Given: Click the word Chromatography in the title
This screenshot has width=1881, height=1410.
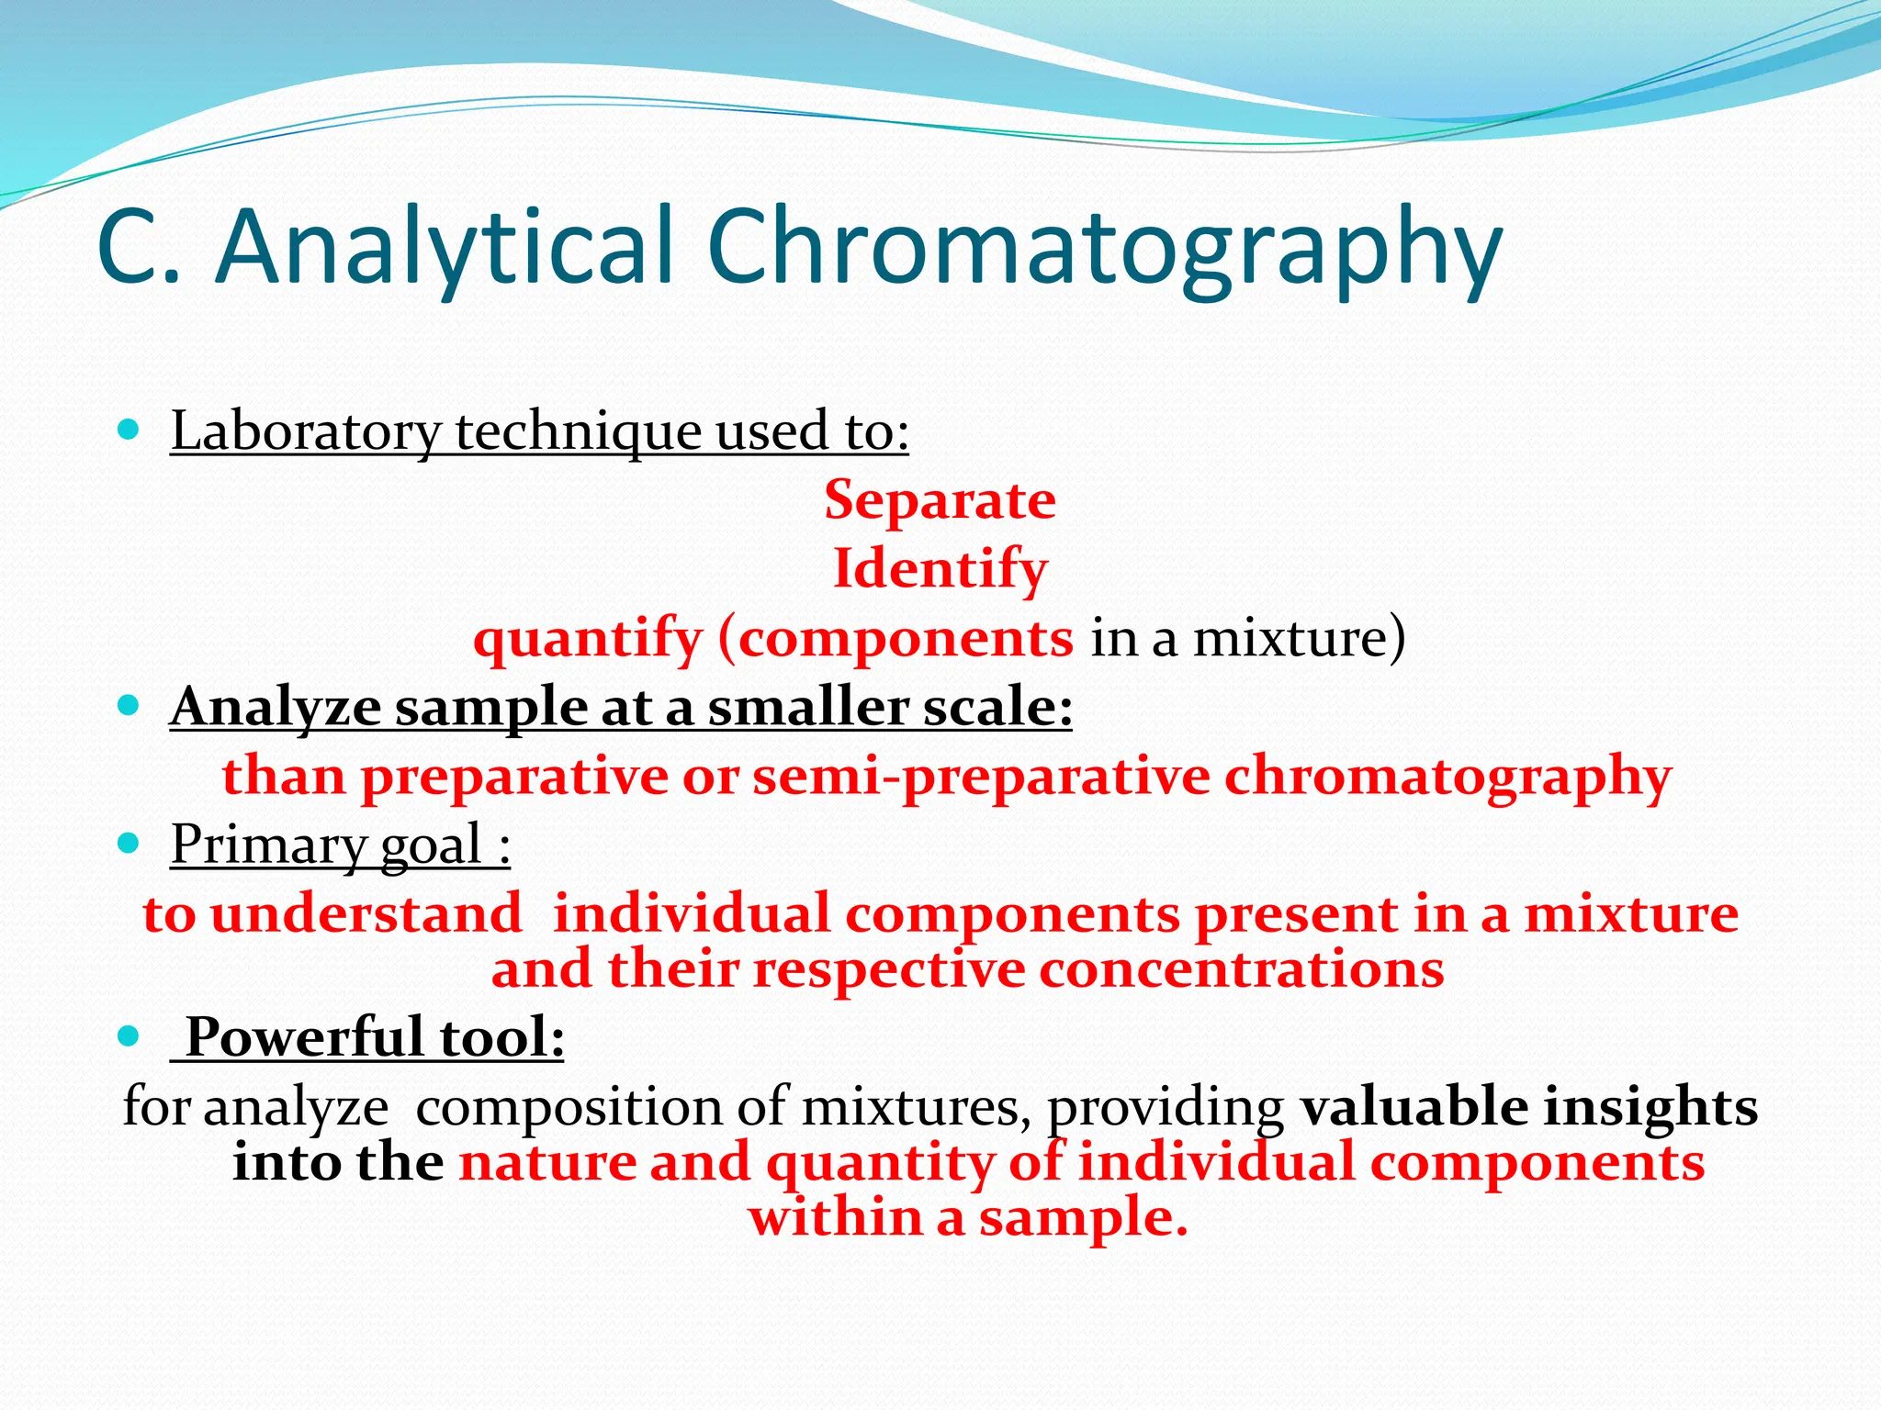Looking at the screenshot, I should (1104, 248).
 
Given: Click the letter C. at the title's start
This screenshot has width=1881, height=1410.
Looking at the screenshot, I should (138, 248).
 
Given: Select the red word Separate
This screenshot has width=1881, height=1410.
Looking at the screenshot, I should (940, 500).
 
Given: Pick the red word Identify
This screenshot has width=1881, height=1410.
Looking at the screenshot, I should (940, 569).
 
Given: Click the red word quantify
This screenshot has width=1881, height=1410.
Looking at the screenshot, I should (587, 638).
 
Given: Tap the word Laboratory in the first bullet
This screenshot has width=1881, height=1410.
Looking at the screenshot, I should (306, 431).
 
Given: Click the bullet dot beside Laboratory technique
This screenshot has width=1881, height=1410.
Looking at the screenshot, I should (129, 429).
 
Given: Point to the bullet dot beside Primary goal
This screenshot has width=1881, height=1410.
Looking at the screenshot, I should (129, 842).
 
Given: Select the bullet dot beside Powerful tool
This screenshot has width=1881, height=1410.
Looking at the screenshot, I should (129, 1036).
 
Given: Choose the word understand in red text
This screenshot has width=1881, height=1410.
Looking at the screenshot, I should (366, 914).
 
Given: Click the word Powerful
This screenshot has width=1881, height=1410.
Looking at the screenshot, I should (305, 1037).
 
